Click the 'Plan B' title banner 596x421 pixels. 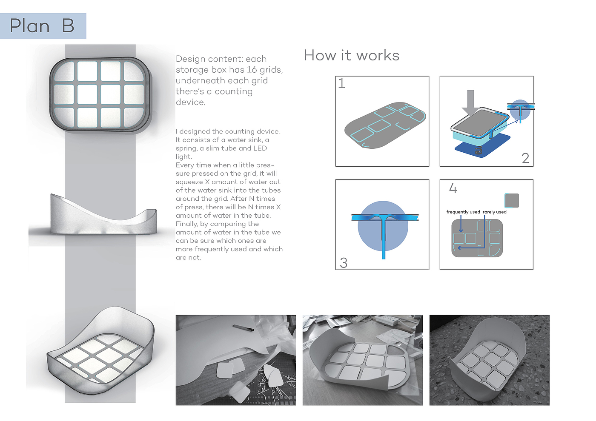[x=43, y=26]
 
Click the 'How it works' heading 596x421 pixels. [x=352, y=56]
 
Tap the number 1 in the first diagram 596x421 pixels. [x=341, y=83]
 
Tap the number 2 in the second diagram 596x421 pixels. [x=525, y=158]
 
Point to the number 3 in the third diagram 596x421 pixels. [x=344, y=263]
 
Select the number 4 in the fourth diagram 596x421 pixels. [x=453, y=188]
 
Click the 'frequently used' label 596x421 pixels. [x=463, y=212]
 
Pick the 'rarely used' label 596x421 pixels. [x=495, y=212]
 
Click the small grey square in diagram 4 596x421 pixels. [x=512, y=200]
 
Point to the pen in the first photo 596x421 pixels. [x=244, y=327]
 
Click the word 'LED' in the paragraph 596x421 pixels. [x=260, y=148]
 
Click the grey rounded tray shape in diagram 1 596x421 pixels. [x=383, y=125]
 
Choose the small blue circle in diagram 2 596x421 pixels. [x=520, y=110]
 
